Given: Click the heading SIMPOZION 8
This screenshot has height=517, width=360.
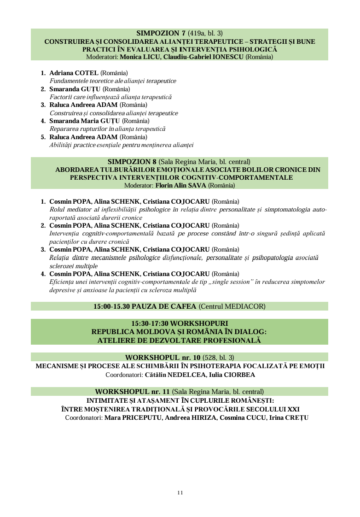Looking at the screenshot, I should tap(132, 162).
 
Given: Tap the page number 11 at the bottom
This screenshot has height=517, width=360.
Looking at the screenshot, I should tap(180, 493).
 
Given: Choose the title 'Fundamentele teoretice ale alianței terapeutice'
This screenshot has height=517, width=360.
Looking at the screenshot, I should tap(113, 81).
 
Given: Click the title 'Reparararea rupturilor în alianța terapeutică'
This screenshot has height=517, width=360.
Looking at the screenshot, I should tap(107, 129).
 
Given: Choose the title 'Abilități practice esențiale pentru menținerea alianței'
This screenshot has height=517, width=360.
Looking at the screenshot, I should tap(122, 145).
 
